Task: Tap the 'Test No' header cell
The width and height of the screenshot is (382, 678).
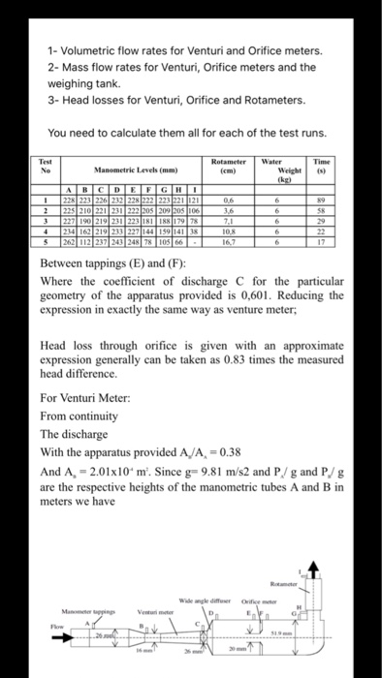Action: point(44,166)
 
